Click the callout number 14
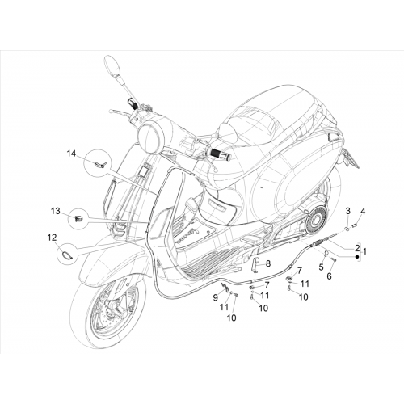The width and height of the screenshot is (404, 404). click(x=71, y=154)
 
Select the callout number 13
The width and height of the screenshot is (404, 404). click(x=56, y=211)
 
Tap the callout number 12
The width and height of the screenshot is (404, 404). click(x=52, y=238)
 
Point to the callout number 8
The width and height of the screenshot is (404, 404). click(x=267, y=263)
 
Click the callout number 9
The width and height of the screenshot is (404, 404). click(x=215, y=297)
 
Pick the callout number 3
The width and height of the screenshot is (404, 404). click(x=347, y=211)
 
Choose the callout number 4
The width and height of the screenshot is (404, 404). click(x=363, y=212)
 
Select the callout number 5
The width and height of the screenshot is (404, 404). click(x=321, y=267)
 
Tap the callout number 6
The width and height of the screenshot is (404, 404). click(x=329, y=276)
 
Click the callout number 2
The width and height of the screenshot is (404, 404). click(x=357, y=248)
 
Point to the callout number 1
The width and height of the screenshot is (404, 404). click(x=364, y=252)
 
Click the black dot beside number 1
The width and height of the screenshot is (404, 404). click(x=357, y=257)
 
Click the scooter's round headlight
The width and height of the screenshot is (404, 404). click(x=152, y=136)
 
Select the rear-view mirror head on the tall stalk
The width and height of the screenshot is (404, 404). click(x=112, y=66)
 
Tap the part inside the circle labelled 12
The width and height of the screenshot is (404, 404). click(x=66, y=254)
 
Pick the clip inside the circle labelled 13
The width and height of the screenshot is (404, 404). click(x=78, y=219)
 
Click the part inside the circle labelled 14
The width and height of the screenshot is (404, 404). click(x=100, y=164)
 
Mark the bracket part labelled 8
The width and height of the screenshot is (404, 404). click(x=255, y=264)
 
